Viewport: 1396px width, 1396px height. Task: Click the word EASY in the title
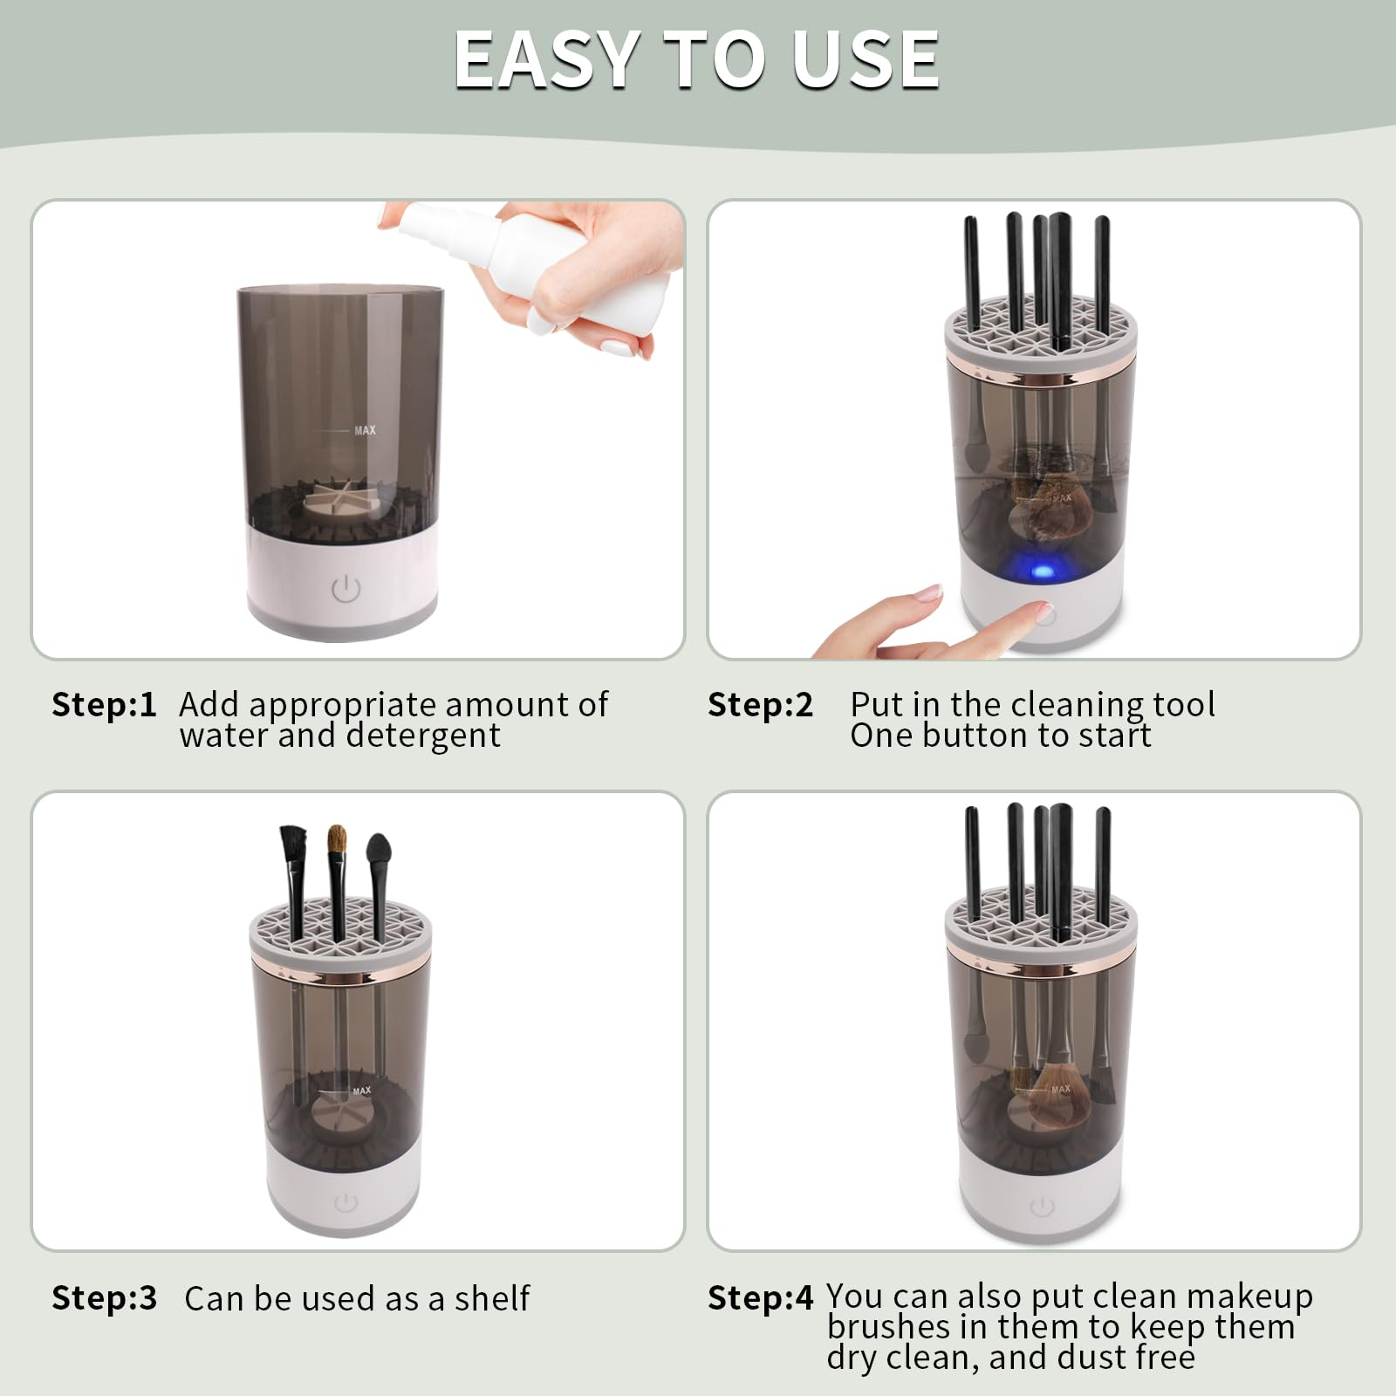(546, 59)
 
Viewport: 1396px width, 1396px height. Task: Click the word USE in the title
(865, 59)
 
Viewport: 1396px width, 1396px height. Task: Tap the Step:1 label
(104, 704)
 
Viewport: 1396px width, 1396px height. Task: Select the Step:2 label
(760, 704)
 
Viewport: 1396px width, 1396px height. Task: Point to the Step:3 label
(104, 1297)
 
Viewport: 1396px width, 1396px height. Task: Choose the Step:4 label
(760, 1297)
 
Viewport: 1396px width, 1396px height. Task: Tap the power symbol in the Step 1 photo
(346, 589)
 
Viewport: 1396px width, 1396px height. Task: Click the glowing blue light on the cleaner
(1043, 572)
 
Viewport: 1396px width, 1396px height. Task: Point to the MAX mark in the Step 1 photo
(365, 430)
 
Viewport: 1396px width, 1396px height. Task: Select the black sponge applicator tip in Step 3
(379, 850)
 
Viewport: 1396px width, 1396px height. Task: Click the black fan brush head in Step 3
(294, 845)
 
